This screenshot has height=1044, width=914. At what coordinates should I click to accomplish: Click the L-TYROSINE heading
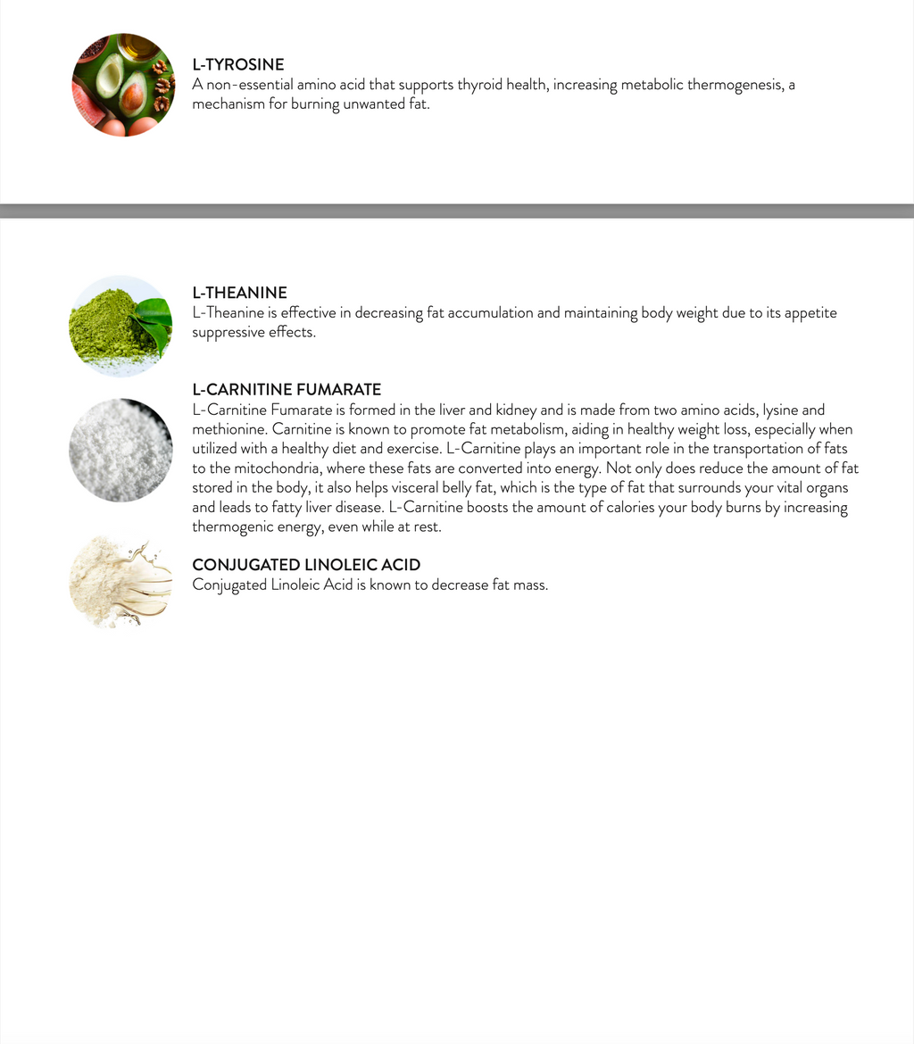[238, 65]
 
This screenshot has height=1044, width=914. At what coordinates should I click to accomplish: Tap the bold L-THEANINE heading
[239, 293]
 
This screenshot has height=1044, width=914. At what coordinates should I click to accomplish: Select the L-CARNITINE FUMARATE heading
[287, 390]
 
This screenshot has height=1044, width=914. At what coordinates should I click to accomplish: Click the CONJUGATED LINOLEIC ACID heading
[306, 565]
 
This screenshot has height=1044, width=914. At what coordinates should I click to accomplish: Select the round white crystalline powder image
[120, 450]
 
